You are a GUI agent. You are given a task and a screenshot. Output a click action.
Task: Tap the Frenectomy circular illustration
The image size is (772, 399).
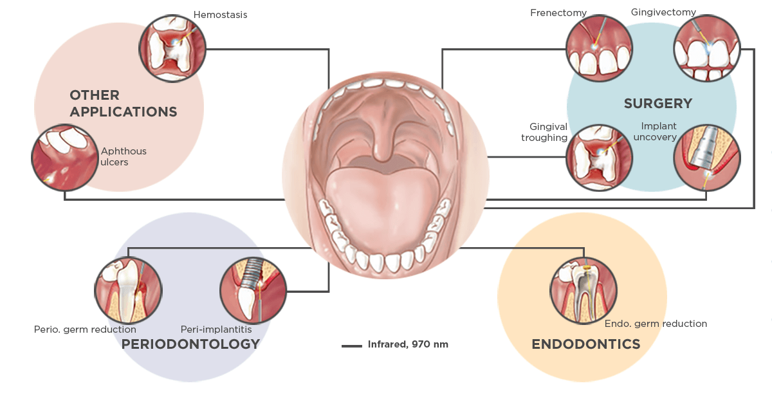(599, 48)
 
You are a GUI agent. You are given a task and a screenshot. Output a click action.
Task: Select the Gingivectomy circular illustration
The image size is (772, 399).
(706, 48)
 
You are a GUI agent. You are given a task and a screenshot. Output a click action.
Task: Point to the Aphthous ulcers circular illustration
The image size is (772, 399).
(64, 158)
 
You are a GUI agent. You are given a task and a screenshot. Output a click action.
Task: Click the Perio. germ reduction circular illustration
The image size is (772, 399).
(129, 290)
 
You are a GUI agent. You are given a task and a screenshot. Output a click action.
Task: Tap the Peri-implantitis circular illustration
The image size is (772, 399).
(253, 290)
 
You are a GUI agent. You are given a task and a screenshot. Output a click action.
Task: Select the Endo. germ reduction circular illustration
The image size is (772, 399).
(584, 290)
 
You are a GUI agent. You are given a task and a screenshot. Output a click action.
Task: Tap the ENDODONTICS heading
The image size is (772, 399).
(585, 344)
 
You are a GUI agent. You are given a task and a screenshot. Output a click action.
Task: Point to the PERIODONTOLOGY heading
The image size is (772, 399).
(190, 344)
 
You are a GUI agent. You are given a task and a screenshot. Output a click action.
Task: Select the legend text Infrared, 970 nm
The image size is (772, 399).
(408, 345)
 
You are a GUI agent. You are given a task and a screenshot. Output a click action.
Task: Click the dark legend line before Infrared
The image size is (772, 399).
(352, 346)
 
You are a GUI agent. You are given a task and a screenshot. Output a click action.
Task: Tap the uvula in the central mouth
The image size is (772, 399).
(384, 151)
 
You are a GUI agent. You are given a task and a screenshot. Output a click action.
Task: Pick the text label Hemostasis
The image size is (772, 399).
(220, 15)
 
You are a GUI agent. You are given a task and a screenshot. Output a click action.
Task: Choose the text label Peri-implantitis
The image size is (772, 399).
(216, 329)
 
